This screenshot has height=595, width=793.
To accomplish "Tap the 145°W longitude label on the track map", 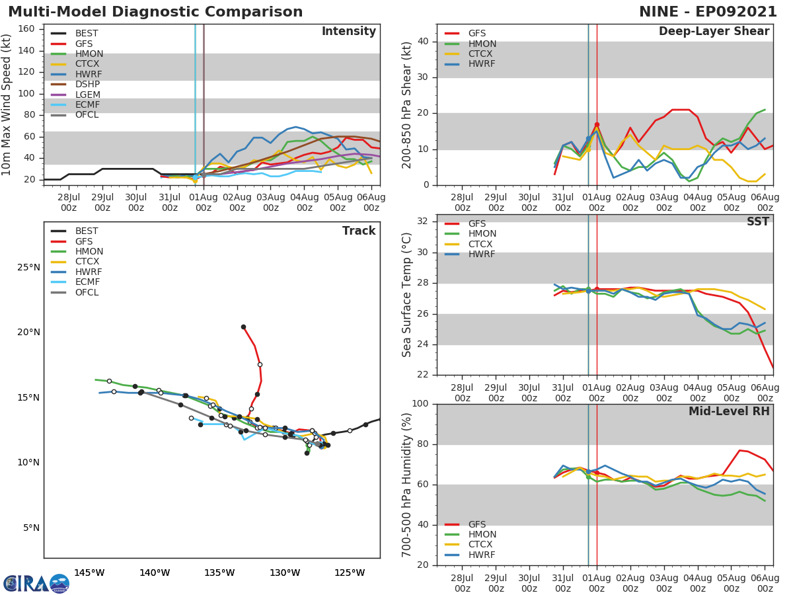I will point(89,573).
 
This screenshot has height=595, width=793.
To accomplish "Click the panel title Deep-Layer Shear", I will point(714,32).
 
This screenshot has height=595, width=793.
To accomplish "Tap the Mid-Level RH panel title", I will point(729,411).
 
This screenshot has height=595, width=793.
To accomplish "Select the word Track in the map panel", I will point(358,231).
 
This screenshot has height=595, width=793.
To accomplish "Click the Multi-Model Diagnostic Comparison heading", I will point(155,12).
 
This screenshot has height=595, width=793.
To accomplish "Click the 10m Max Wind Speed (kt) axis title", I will point(7,104).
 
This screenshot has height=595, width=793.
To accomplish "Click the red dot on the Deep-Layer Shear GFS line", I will point(597,124).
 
